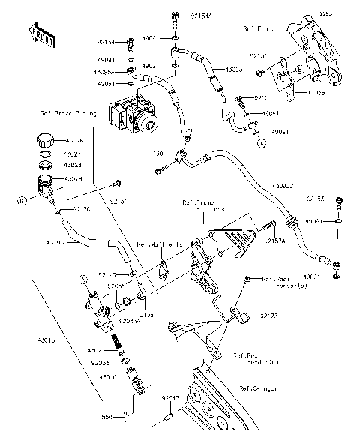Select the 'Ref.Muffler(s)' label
pyautogui.click(x=160, y=244)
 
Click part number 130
pyautogui.click(x=158, y=154)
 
